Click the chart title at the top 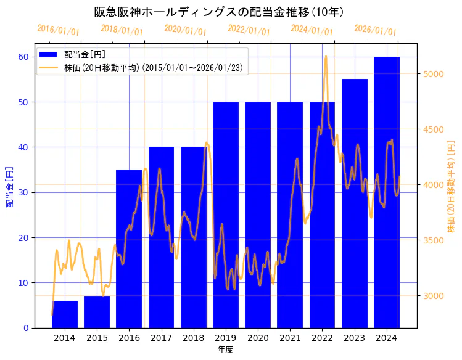(x=219, y=12)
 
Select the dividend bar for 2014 (x=65, y=314)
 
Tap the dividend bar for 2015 (x=97, y=312)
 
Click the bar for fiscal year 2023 (x=354, y=203)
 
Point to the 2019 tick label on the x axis (x=225, y=338)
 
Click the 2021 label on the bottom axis (x=290, y=338)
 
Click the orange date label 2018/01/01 (x=122, y=30)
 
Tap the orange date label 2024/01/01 (x=311, y=30)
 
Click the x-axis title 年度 (x=225, y=350)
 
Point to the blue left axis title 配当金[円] (x=9, y=186)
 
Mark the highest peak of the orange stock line (x=326, y=56)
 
